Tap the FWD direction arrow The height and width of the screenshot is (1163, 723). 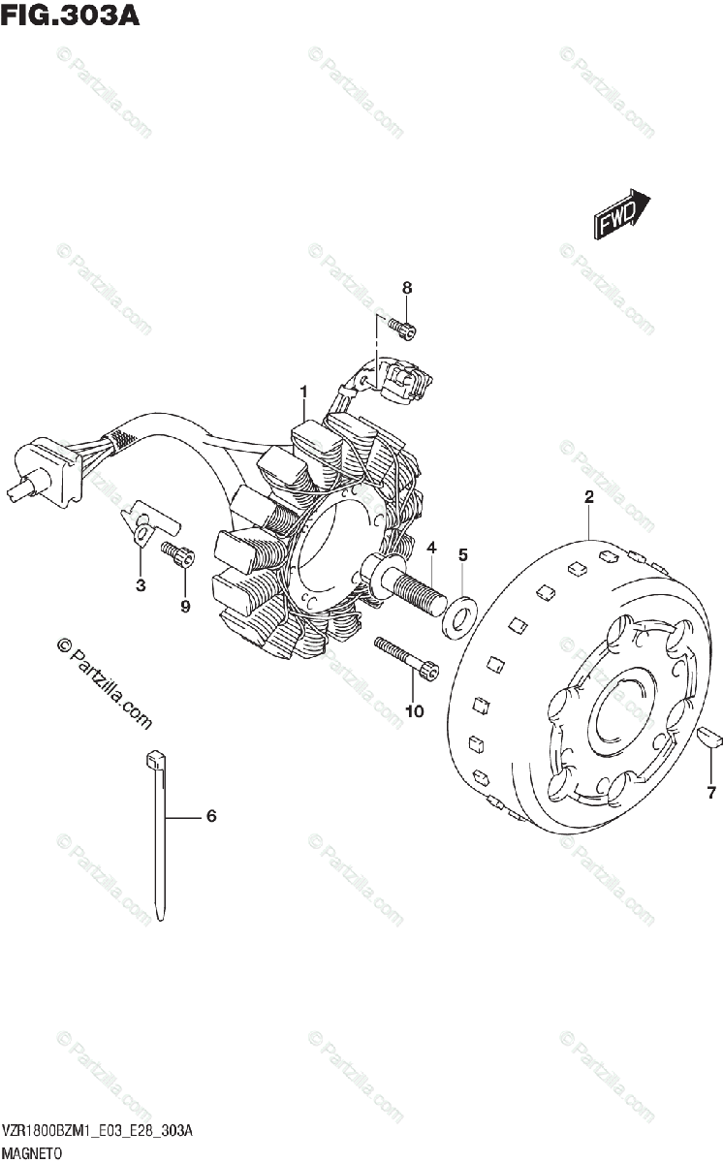(x=620, y=214)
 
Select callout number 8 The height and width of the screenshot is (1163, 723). (x=407, y=288)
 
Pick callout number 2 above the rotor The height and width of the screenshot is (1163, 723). (x=588, y=497)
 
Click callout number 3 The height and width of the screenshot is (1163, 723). (x=141, y=584)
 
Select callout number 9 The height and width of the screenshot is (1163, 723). (x=185, y=608)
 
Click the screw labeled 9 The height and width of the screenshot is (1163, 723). (x=179, y=555)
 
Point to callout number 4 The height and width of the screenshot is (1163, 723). (x=431, y=549)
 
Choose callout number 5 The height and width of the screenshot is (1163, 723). (x=463, y=554)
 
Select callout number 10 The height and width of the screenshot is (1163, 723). (x=415, y=711)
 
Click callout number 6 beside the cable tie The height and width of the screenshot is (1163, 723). (x=210, y=816)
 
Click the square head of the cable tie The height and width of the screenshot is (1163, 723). (x=155, y=761)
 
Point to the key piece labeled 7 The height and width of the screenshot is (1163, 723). (x=710, y=736)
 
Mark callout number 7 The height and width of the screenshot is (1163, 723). (x=710, y=794)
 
